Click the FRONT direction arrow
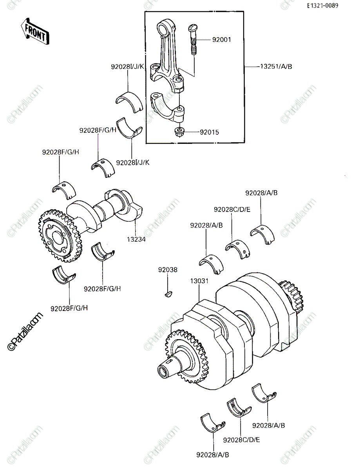coord(35,32)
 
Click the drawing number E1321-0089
coord(323,5)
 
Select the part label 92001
coord(221,40)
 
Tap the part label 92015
coord(209,132)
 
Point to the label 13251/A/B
coord(276,67)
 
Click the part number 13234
coord(136,239)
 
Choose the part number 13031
coord(199,281)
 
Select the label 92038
coord(168,270)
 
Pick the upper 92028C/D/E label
coord(232,210)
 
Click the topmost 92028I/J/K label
coord(127,67)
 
